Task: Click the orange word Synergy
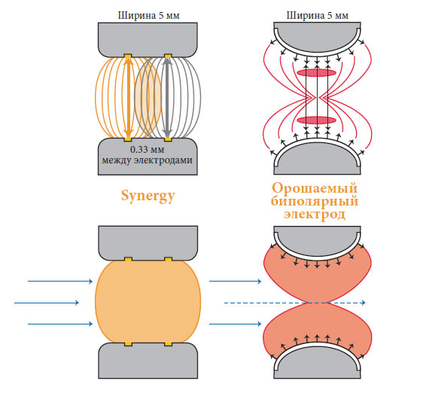(148, 196)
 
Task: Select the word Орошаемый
(315, 187)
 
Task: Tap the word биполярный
(315, 201)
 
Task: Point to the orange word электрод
(315, 214)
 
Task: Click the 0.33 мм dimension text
(147, 150)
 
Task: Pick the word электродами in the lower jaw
(163, 160)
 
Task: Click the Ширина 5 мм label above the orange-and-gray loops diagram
(148, 16)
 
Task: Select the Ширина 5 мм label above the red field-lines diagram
(318, 16)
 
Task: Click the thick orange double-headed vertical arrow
(129, 98)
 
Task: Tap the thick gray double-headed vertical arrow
(168, 98)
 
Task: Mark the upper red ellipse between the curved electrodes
(316, 73)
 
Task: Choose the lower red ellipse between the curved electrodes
(316, 120)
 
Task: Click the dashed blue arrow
(294, 303)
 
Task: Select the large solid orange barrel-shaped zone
(148, 302)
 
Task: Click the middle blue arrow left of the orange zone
(47, 303)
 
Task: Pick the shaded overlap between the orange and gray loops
(148, 98)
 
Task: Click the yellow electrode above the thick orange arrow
(128, 56)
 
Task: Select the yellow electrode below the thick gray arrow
(168, 139)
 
